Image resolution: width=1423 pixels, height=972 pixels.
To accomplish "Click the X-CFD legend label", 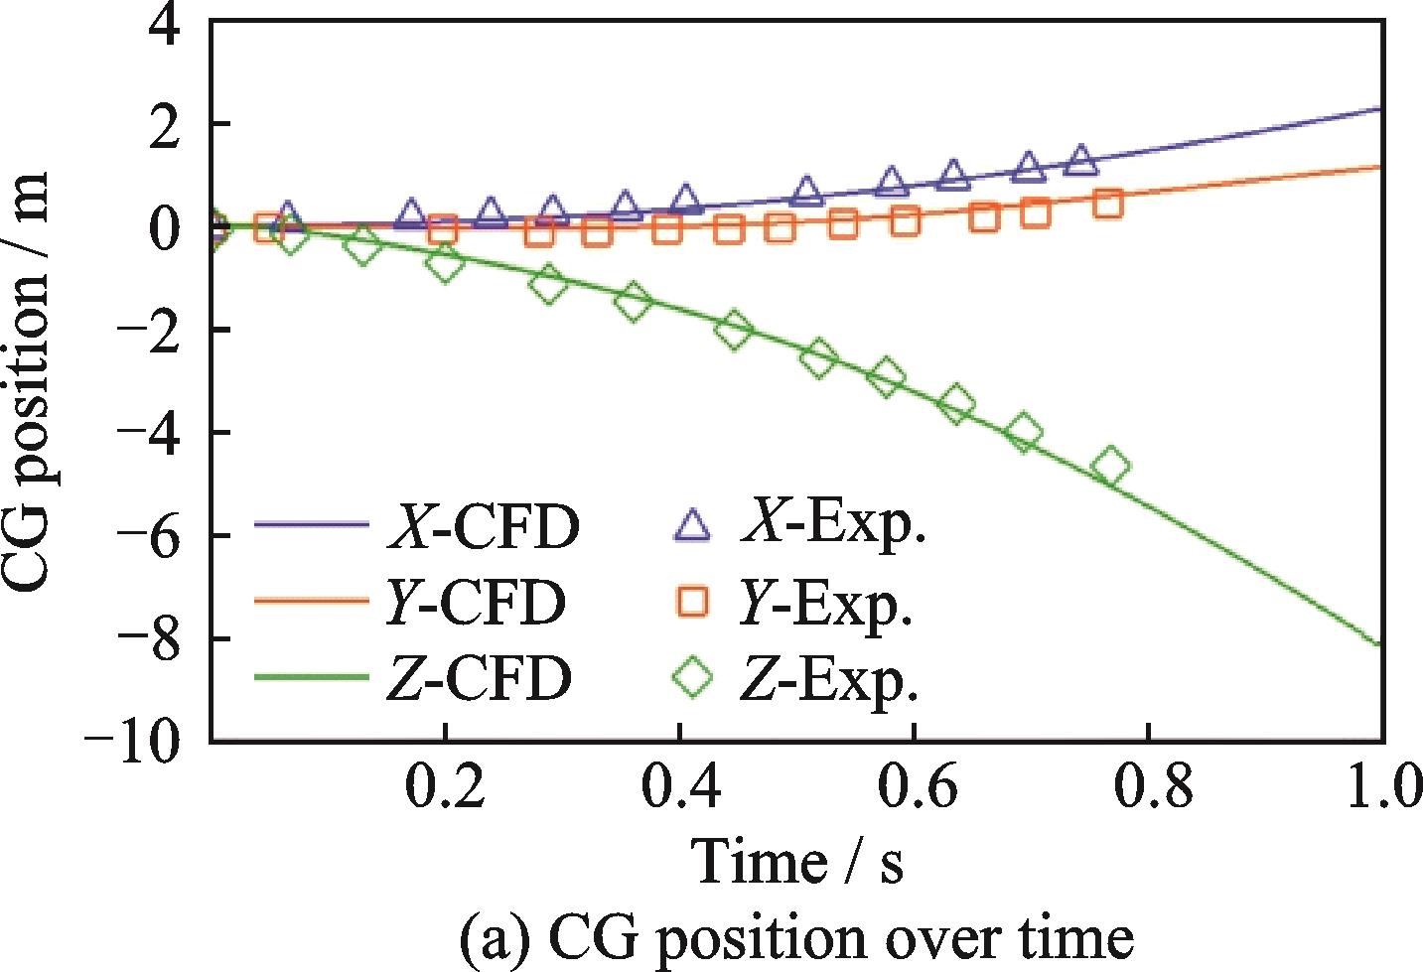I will [x=483, y=527].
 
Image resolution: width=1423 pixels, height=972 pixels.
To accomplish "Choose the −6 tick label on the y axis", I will [x=149, y=536].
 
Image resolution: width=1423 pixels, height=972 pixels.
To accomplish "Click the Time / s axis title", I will [x=797, y=860].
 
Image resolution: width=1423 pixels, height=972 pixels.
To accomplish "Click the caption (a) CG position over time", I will [x=796, y=937].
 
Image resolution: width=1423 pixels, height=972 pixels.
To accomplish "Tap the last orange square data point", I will [x=1108, y=204].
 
